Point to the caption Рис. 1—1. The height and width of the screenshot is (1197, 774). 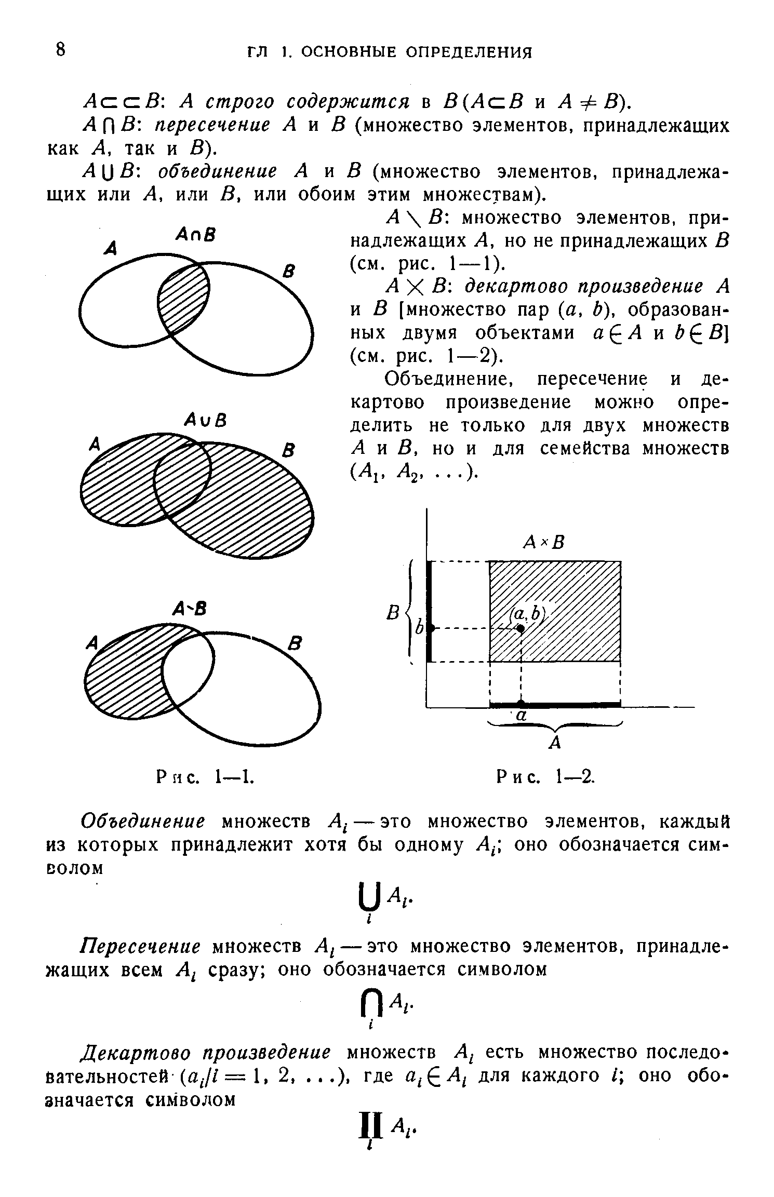205,777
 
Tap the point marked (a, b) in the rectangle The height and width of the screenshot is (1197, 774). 520,628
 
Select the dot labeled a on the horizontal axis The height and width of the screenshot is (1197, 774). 521,703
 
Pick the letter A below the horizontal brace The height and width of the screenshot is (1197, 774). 555,744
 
